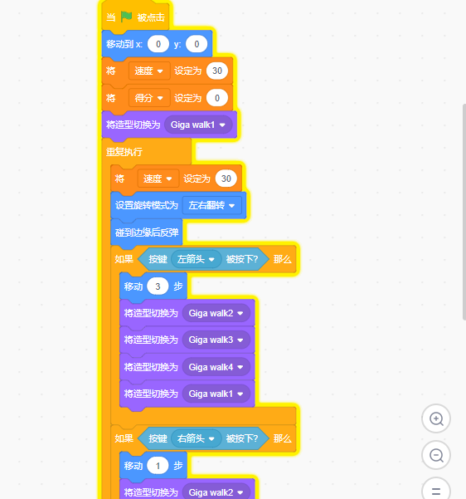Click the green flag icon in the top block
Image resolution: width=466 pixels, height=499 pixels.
126,17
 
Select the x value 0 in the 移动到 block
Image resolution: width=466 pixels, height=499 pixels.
158,44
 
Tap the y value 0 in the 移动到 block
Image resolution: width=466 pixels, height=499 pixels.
197,44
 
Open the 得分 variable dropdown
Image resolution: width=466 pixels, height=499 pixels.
149,98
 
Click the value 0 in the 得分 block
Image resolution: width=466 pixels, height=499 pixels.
216,98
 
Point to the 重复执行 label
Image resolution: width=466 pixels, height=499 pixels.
124,152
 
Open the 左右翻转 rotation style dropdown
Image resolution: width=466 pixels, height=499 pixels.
211,205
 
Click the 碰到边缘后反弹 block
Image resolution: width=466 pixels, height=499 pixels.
147,232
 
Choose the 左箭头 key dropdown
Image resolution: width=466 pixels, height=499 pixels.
196,259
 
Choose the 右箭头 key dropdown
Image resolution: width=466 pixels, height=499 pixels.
196,438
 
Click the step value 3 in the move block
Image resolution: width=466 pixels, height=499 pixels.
158,286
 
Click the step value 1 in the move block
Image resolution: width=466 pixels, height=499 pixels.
158,466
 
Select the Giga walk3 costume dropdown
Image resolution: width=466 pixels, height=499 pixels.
216,340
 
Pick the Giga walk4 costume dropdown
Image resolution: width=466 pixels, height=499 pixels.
216,367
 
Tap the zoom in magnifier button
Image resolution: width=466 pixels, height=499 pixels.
436,418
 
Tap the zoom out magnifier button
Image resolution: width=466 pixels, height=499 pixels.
436,455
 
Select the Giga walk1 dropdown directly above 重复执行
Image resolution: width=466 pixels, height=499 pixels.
198,125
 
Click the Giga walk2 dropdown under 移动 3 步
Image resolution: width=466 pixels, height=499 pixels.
216,313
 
